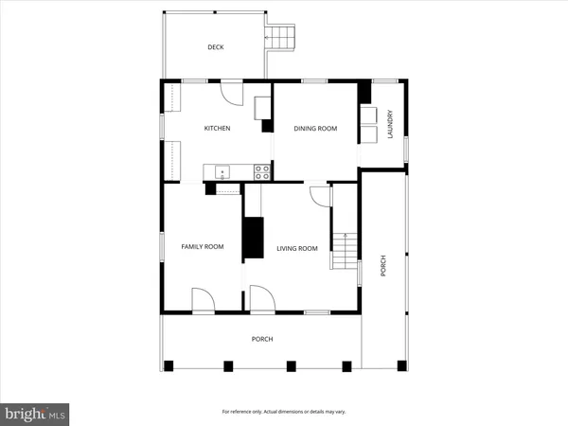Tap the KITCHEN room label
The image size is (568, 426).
point(218,129)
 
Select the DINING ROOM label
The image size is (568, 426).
point(315,129)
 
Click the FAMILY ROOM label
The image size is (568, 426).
point(202,247)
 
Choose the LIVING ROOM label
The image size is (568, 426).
point(296,249)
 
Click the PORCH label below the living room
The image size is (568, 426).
point(262,339)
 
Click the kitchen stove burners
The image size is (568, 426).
point(262,172)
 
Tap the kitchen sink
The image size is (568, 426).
point(222,172)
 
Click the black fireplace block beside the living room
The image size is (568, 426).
point(254,237)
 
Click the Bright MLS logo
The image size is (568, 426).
point(34,413)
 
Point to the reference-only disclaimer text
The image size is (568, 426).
point(283,412)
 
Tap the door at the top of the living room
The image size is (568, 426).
point(320,196)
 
